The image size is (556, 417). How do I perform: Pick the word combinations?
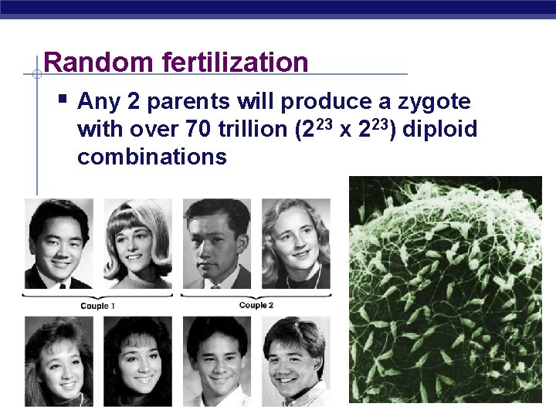152,158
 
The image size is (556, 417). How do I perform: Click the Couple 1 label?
98,306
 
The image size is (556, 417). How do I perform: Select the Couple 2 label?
256,305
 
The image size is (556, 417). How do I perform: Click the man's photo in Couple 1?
59,243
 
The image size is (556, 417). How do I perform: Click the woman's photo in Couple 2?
296,243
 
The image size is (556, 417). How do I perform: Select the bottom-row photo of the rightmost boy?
296,361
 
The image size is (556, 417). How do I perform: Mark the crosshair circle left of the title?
36,74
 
